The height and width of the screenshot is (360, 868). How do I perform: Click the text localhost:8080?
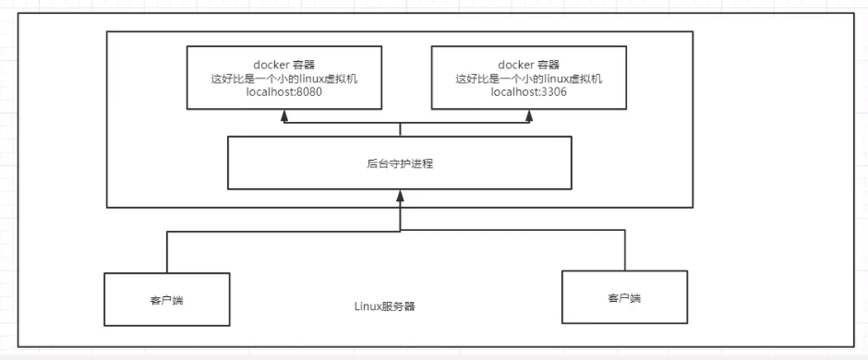click(x=284, y=93)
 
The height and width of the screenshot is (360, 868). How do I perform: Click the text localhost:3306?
click(x=530, y=93)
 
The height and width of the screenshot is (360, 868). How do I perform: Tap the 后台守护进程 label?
click(x=399, y=163)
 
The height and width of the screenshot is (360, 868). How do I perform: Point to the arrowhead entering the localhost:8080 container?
click(x=284, y=115)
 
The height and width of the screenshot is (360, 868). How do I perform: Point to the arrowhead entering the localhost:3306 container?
click(x=530, y=115)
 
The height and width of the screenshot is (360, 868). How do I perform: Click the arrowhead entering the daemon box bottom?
click(x=400, y=195)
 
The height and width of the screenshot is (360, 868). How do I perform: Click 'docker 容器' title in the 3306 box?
click(x=530, y=64)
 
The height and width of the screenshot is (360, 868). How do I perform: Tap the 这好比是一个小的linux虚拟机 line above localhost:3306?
click(x=530, y=78)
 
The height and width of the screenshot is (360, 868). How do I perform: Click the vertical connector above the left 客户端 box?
click(x=166, y=251)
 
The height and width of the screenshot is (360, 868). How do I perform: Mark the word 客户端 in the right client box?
click(x=625, y=298)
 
